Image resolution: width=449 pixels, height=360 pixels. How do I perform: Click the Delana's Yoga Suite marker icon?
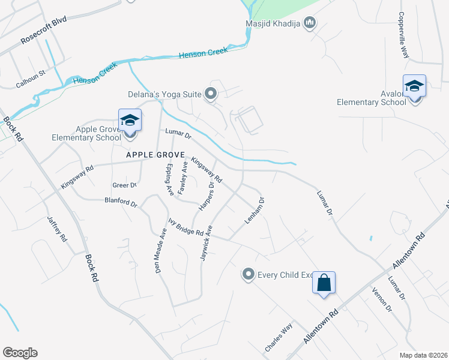click(211, 94)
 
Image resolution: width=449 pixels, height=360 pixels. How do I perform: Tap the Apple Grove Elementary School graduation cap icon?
click(130, 120)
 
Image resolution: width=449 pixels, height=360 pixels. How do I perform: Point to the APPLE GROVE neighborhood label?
click(153, 155)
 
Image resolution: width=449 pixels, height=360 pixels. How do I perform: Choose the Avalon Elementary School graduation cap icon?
click(414, 86)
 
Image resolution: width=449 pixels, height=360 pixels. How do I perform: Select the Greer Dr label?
click(125, 185)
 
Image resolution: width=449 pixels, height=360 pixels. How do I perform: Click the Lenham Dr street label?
click(255, 211)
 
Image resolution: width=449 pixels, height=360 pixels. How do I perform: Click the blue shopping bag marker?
click(324, 282)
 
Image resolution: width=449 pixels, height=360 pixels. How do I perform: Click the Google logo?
click(20, 353)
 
